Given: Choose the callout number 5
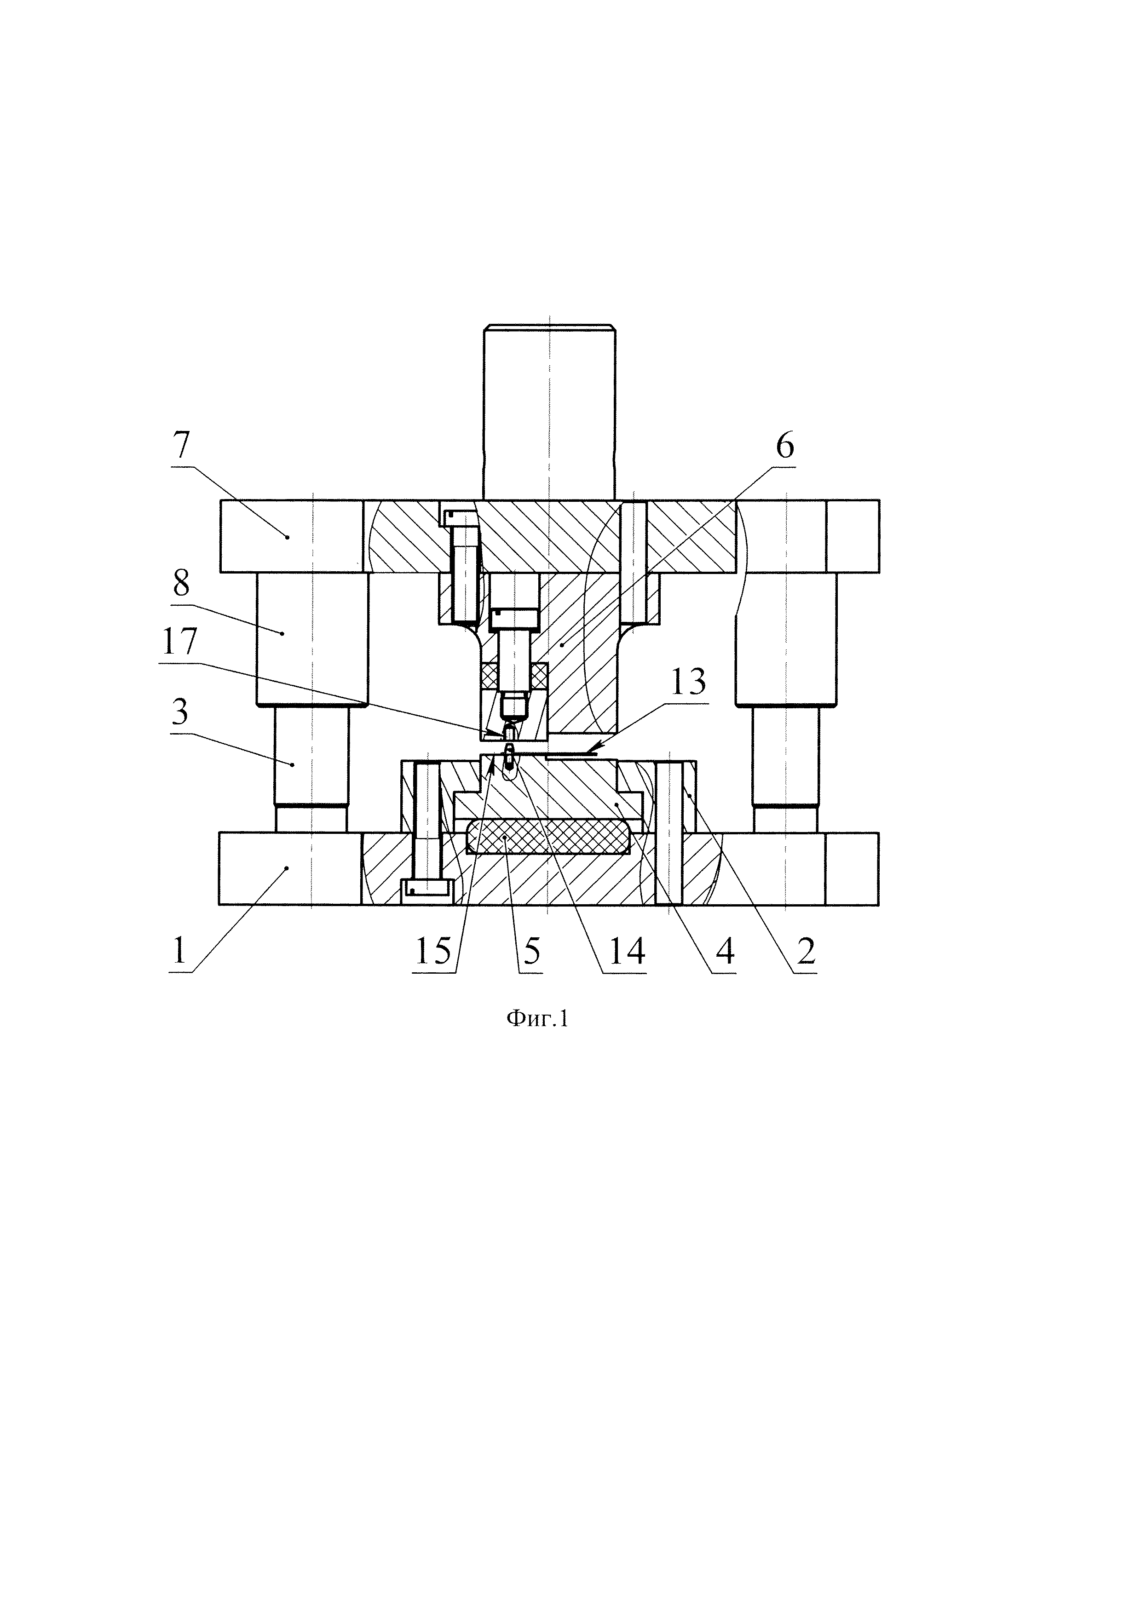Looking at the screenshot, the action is (x=531, y=952).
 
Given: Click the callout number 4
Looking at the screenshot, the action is (x=724, y=952).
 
